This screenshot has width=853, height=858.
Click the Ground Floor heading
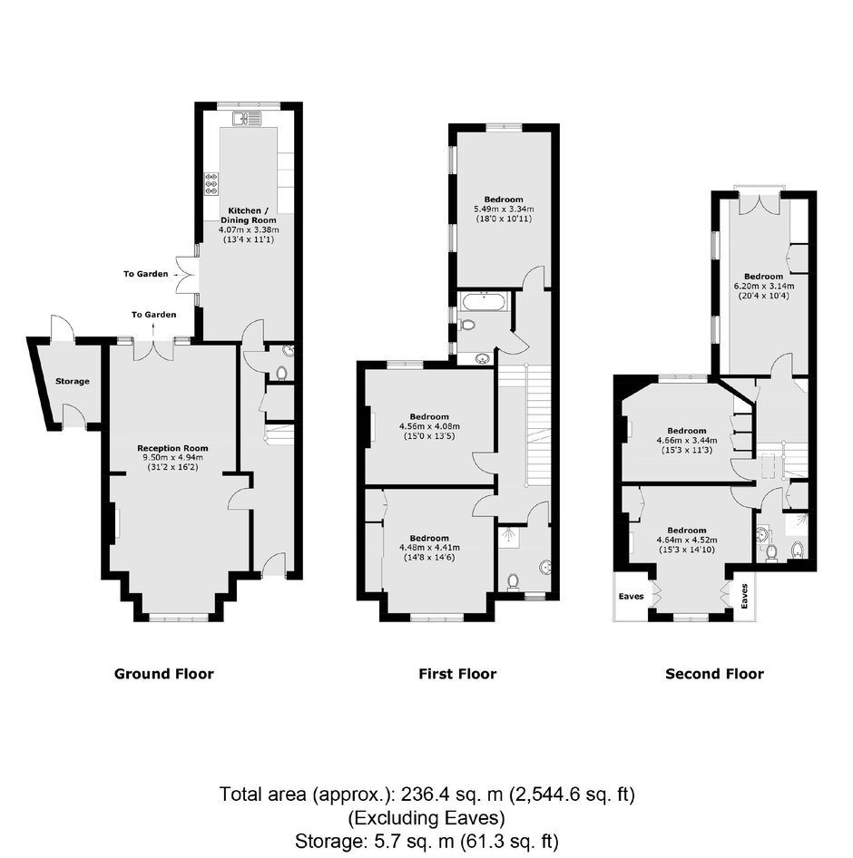pyautogui.click(x=163, y=674)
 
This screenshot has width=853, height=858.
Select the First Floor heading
pyautogui.click(x=457, y=674)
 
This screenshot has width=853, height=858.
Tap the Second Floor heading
pyautogui.click(x=714, y=674)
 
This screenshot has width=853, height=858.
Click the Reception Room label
pyautogui.click(x=172, y=448)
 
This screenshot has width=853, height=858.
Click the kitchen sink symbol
pyautogui.click(x=249, y=118)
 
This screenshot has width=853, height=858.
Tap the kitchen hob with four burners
pyautogui.click(x=211, y=184)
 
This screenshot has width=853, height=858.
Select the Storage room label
pyautogui.click(x=73, y=382)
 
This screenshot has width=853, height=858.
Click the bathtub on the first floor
pyautogui.click(x=485, y=302)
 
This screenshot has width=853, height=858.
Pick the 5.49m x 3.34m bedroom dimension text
pyautogui.click(x=504, y=209)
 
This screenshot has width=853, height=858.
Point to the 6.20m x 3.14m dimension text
pyautogui.click(x=763, y=286)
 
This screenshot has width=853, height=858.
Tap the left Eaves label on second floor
pyautogui.click(x=631, y=597)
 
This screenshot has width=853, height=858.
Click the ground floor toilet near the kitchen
pyautogui.click(x=282, y=373)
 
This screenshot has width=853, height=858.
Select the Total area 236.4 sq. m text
pyautogui.click(x=427, y=794)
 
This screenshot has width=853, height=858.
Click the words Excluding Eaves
pyautogui.click(x=426, y=818)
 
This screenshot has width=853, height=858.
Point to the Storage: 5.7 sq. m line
pyautogui.click(x=426, y=841)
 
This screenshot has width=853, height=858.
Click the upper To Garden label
pyautogui.click(x=145, y=274)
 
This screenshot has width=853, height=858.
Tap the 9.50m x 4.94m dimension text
pyautogui.click(x=172, y=458)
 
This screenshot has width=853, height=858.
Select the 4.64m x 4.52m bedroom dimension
pyautogui.click(x=687, y=540)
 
